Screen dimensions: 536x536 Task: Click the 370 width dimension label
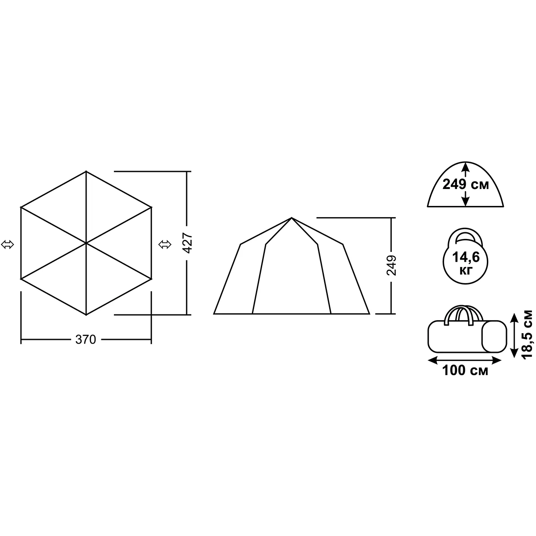85,339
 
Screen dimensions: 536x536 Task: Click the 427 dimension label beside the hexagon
187,243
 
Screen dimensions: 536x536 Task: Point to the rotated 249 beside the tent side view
392,265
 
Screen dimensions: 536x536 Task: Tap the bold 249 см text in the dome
465,184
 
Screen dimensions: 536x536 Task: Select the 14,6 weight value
466,257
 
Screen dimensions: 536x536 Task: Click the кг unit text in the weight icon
466,271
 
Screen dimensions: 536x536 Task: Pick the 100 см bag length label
465,370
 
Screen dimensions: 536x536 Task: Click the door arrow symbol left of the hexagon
8,245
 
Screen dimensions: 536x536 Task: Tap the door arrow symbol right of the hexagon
165,245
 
